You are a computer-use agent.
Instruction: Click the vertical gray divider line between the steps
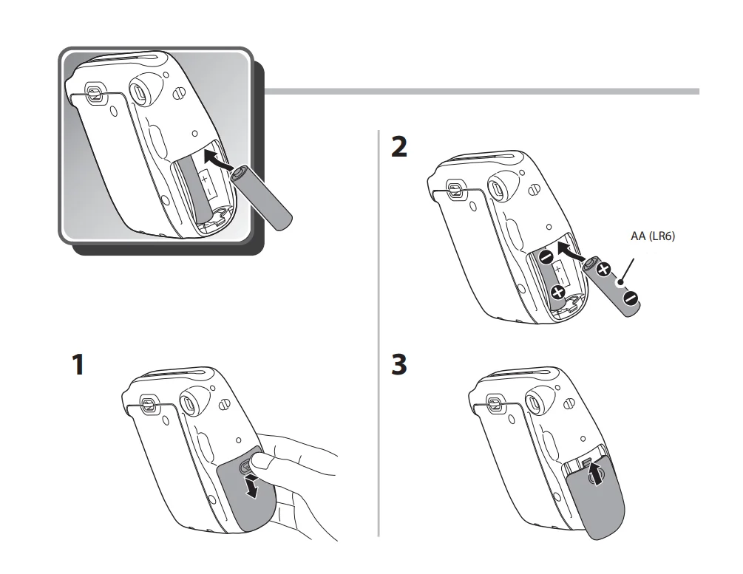pos(379,332)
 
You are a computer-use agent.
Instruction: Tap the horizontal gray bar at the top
pos(481,92)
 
